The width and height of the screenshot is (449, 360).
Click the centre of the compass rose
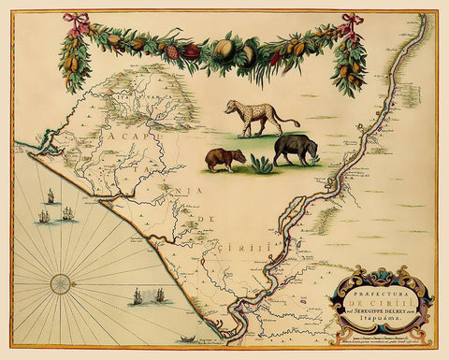61,280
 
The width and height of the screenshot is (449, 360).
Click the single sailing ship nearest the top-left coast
50,197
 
